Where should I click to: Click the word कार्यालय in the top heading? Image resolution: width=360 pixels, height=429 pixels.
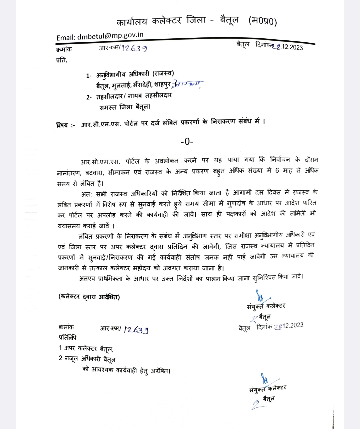click(132, 22)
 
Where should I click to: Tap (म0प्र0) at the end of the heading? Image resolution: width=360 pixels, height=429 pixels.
click(263, 21)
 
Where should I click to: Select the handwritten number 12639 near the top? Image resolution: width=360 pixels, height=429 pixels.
click(134, 48)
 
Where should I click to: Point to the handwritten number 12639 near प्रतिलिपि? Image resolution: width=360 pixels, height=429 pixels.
click(136, 330)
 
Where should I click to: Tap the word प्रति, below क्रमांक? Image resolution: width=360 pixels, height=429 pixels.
click(62, 60)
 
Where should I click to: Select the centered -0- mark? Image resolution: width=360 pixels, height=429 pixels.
click(187, 142)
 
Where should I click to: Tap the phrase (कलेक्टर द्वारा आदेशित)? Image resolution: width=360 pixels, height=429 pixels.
click(89, 297)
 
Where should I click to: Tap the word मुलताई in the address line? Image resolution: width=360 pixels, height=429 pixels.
click(119, 85)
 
